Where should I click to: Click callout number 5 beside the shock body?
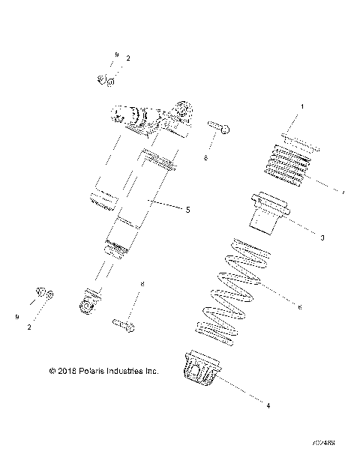[x=187, y=210]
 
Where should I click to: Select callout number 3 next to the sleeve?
[x=322, y=237]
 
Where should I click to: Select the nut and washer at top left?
[x=105, y=81]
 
